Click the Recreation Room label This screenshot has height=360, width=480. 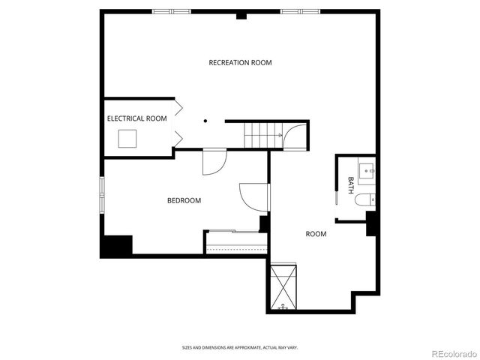pyautogui.click(x=240, y=62)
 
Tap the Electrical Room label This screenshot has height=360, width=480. pyautogui.click(x=136, y=118)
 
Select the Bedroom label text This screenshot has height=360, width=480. pyautogui.click(x=184, y=200)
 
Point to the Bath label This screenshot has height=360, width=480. pyautogui.click(x=351, y=184)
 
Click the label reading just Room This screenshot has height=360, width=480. pyautogui.click(x=316, y=234)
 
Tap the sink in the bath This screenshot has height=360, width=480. pyautogui.click(x=367, y=170)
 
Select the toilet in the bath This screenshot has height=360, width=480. pyautogui.click(x=364, y=200)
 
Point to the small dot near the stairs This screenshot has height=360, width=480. pyautogui.click(x=205, y=120)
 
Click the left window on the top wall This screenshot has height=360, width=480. pyautogui.click(x=171, y=11)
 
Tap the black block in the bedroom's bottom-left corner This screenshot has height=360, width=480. pyautogui.click(x=117, y=245)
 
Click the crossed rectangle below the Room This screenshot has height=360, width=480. pyautogui.click(x=284, y=286)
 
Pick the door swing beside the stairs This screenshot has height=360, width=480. pyautogui.click(x=294, y=136)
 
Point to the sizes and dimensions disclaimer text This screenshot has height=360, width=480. pyautogui.click(x=240, y=347)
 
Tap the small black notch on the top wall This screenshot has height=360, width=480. pyautogui.click(x=241, y=15)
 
